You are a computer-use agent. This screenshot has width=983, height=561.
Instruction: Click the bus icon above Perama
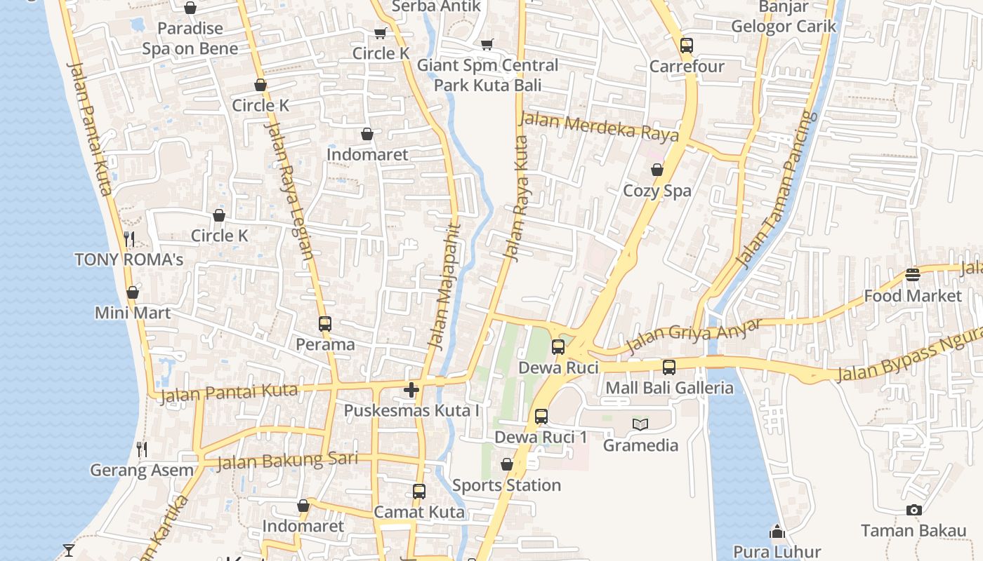click(324, 324)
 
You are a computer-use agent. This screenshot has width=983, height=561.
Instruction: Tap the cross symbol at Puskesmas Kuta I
click(411, 390)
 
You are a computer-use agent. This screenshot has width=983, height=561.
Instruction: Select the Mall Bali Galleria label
click(669, 388)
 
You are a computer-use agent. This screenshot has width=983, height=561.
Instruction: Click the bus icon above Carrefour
click(687, 46)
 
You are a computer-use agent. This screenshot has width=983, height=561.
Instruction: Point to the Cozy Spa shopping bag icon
click(657, 170)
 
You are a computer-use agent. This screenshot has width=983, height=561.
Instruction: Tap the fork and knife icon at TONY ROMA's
click(129, 239)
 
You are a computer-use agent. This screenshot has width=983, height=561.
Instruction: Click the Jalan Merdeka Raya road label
click(598, 126)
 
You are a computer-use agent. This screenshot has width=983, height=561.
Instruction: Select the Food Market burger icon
click(912, 275)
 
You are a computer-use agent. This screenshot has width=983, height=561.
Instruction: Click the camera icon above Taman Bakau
click(913, 510)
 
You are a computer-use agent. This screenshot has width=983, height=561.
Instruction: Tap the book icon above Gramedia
click(640, 424)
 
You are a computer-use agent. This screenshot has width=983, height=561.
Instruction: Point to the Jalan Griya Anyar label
click(694, 335)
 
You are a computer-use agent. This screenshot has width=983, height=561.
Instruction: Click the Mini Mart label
click(133, 313)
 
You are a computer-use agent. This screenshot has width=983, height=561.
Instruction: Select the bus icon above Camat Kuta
click(419, 491)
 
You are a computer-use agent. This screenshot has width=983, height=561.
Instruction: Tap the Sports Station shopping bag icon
click(506, 464)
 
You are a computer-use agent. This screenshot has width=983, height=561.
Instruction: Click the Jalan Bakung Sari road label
click(287, 461)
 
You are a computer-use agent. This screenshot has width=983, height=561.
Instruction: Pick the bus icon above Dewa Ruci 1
click(541, 416)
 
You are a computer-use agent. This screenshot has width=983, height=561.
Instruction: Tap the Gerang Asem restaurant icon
click(142, 450)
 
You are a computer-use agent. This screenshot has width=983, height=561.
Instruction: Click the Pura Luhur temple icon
click(777, 532)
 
